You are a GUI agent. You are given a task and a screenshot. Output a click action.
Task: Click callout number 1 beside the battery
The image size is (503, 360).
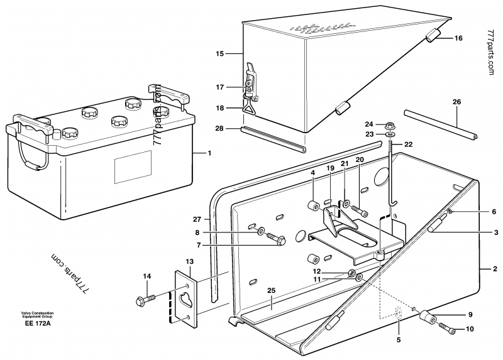coord(210,153)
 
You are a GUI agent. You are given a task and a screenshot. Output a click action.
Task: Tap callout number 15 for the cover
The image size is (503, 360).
coord(220,55)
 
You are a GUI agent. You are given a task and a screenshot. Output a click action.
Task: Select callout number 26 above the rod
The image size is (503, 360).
coord(457,101)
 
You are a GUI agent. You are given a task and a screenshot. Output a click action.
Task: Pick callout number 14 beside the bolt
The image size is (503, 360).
coord(147,276)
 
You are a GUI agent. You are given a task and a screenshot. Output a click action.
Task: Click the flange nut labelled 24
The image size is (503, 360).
coord(388,124)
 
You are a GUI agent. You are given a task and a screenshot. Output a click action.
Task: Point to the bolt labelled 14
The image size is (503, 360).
coord(144,300)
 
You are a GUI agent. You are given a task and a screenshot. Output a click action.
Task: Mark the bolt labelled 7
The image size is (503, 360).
coord(275,239)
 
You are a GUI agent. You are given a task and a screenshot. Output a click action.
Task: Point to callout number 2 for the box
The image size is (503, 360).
coord(494,269)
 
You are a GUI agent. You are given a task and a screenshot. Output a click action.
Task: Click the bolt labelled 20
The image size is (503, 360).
coord(359,209)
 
